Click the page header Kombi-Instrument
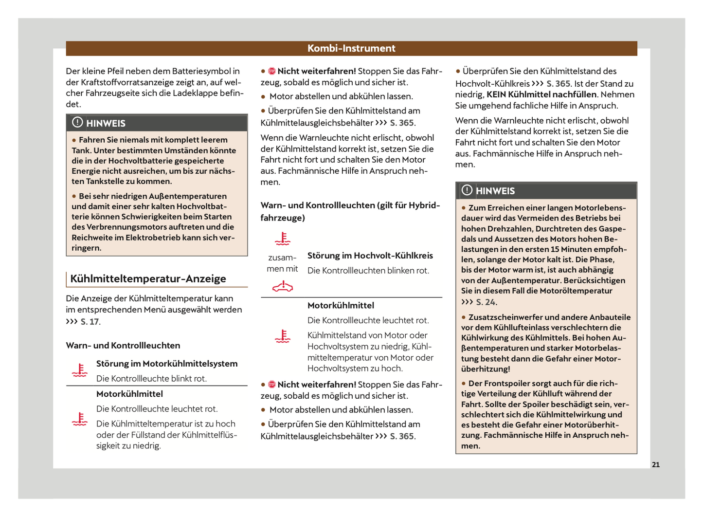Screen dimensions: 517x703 coord(351,48)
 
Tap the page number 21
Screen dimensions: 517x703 coord(656,465)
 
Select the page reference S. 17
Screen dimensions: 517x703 coord(90,322)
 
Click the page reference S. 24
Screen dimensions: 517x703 coord(486,302)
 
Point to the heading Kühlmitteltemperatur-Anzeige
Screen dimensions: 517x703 coord(148,279)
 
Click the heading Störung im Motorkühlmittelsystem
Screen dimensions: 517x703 coord(167,364)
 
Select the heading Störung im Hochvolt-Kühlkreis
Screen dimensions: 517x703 coord(370,256)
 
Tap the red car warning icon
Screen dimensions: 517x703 coord(283,287)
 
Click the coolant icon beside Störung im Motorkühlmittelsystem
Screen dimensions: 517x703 coord(80,370)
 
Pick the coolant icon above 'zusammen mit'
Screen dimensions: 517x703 coord(283,239)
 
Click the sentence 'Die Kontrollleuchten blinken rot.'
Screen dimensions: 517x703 coord(368,271)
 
